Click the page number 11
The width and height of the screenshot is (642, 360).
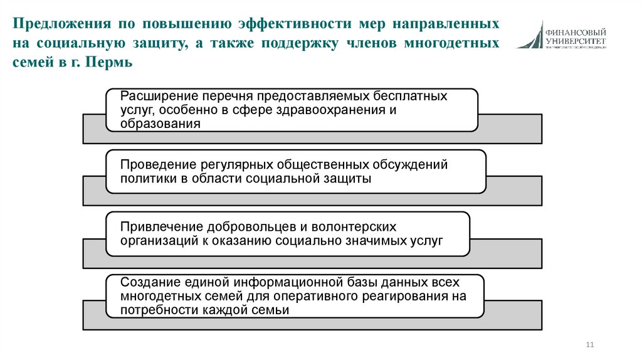[x=589, y=344]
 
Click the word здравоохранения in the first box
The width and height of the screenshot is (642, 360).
[x=335, y=110]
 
